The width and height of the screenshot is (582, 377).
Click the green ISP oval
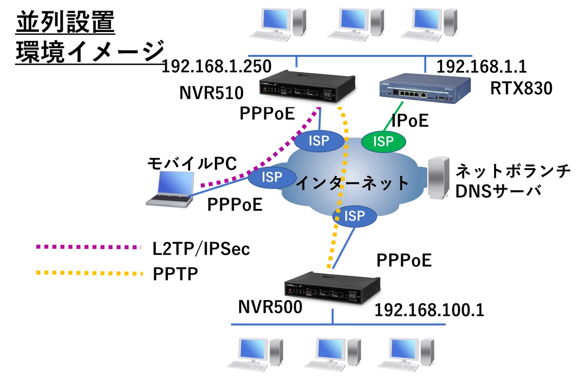[x=384, y=141]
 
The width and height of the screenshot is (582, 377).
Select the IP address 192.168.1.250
[x=216, y=67]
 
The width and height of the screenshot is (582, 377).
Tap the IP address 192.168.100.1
[x=429, y=310]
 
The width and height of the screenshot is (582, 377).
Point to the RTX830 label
[x=521, y=88]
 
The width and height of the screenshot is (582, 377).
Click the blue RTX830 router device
[x=425, y=88]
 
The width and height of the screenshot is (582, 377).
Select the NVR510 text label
[x=211, y=93]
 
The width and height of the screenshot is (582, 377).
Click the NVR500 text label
[x=270, y=307]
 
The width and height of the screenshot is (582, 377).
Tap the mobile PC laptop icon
[x=170, y=189]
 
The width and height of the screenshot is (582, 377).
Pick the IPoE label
[x=410, y=120]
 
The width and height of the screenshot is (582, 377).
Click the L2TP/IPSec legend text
[x=201, y=249]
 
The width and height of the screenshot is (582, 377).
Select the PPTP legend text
[x=176, y=274]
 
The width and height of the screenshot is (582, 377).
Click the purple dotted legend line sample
[x=89, y=247]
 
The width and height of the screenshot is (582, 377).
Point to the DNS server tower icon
[x=438, y=178]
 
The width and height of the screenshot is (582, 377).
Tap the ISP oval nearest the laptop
[x=272, y=177]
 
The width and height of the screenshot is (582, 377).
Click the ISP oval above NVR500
[x=355, y=216]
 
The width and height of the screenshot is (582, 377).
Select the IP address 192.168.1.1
[x=482, y=67]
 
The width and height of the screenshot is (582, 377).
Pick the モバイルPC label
[x=192, y=163]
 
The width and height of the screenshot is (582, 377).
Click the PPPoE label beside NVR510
[x=267, y=113]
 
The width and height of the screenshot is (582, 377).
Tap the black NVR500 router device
[x=333, y=288]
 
